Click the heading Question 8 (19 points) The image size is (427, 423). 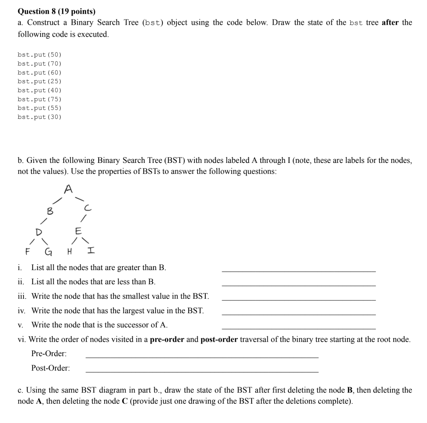57,12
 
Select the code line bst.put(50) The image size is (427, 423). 39,55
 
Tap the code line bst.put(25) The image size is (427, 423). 39,81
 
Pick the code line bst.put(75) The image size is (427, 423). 39,99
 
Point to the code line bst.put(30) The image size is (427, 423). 39,117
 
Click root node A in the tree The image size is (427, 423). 68,189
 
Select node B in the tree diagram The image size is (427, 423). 50,211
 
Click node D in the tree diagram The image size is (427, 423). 39,232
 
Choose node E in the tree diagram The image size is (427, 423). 78,231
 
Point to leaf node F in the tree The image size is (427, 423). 27,251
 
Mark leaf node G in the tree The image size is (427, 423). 48,251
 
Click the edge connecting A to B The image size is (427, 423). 57,201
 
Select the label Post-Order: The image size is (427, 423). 50,368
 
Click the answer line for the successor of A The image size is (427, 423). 298,325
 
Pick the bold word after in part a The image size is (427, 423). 390,23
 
